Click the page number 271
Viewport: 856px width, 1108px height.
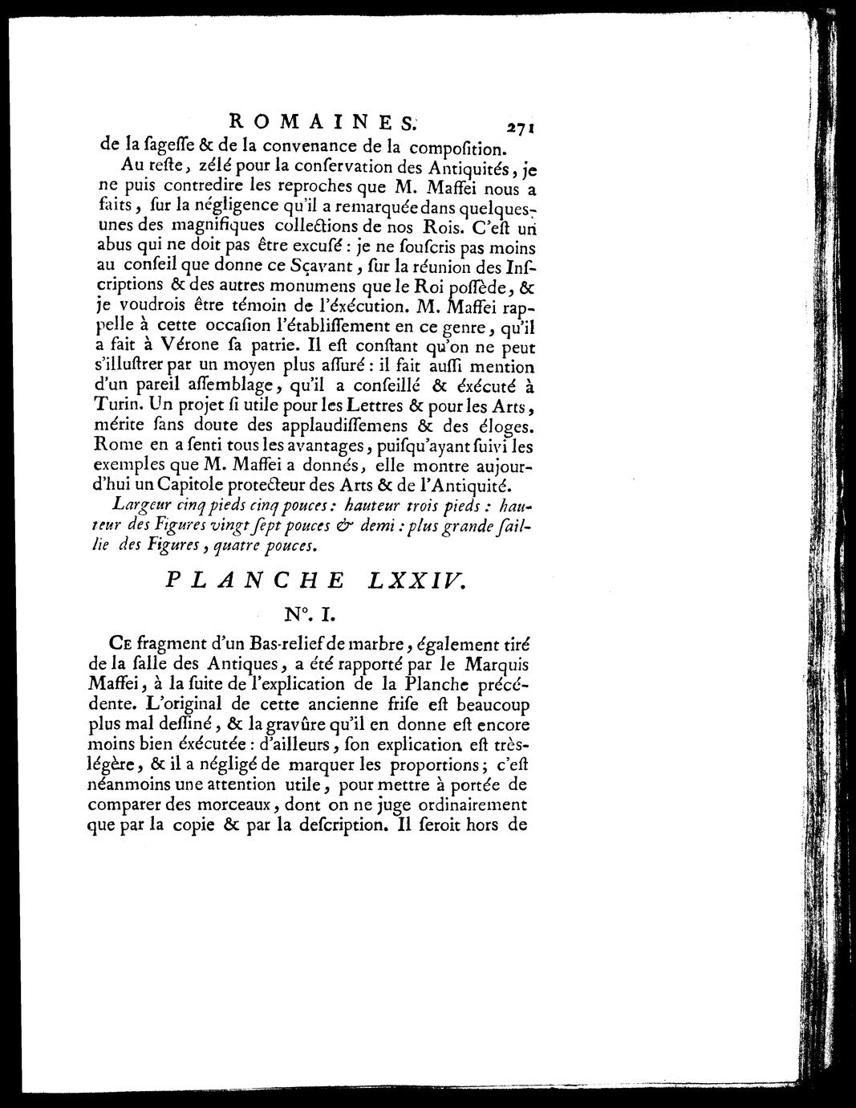tap(520, 126)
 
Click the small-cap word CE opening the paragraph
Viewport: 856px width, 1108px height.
tap(117, 645)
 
